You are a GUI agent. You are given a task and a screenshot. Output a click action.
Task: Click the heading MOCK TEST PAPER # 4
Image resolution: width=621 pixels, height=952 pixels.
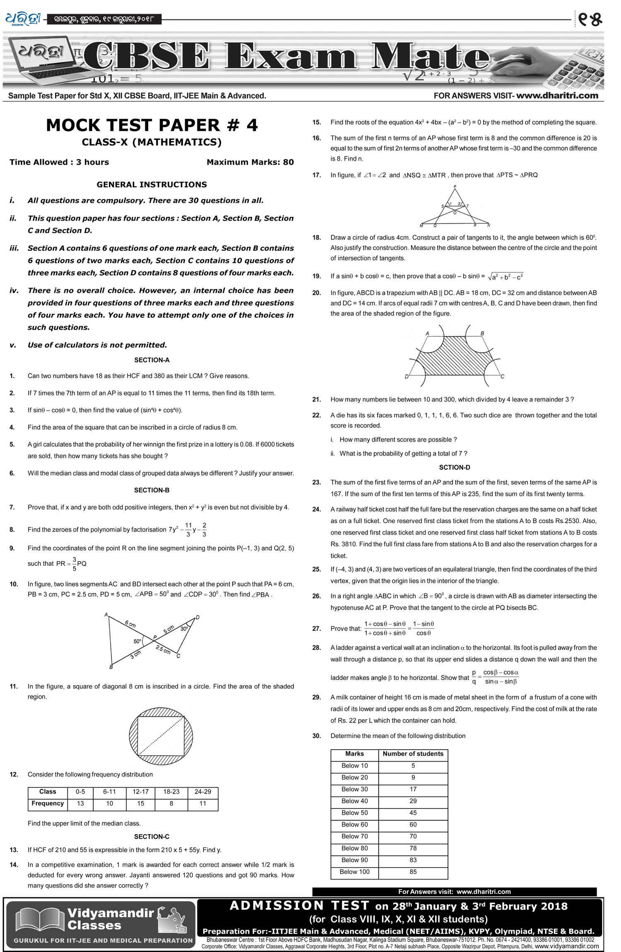tap(152, 125)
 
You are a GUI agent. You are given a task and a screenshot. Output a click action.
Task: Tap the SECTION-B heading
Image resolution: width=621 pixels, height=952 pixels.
tap(152, 490)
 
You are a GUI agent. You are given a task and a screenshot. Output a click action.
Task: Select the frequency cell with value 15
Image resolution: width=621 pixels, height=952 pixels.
tap(140, 803)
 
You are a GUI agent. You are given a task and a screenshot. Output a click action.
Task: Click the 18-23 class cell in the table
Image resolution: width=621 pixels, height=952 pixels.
tap(171, 791)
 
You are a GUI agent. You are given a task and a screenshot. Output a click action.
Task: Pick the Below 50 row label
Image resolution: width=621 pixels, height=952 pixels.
tap(354, 813)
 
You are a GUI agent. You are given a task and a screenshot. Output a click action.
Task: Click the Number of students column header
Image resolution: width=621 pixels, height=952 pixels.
tap(413, 754)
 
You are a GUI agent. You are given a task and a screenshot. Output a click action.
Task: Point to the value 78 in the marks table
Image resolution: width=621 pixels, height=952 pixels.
tap(413, 848)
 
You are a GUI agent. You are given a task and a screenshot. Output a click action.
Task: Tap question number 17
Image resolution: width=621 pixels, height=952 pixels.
tap(316, 175)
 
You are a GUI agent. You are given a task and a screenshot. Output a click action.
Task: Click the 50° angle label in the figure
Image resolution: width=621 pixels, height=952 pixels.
tap(137, 641)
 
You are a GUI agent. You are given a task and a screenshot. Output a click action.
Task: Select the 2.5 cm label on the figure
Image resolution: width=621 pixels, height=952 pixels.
tap(163, 649)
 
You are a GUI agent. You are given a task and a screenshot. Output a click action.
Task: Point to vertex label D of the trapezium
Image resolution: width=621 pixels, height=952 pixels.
tap(407, 377)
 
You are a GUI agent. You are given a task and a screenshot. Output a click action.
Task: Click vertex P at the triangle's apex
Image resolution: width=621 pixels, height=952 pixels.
tap(455, 187)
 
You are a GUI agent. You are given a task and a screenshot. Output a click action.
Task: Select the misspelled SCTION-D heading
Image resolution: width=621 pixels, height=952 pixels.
tap(454, 467)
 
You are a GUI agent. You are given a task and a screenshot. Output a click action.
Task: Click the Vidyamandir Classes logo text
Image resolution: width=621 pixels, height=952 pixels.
tap(110, 919)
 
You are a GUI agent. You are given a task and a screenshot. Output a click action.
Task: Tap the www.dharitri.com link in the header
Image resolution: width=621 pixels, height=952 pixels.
tap(557, 96)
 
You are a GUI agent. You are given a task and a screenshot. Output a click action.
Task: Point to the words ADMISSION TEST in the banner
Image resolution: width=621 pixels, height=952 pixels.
tap(299, 906)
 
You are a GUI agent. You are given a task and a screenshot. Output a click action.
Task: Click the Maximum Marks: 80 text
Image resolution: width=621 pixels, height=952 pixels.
tap(250, 162)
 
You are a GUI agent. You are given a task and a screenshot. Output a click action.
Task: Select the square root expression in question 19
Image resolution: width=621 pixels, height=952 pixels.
tap(505, 276)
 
